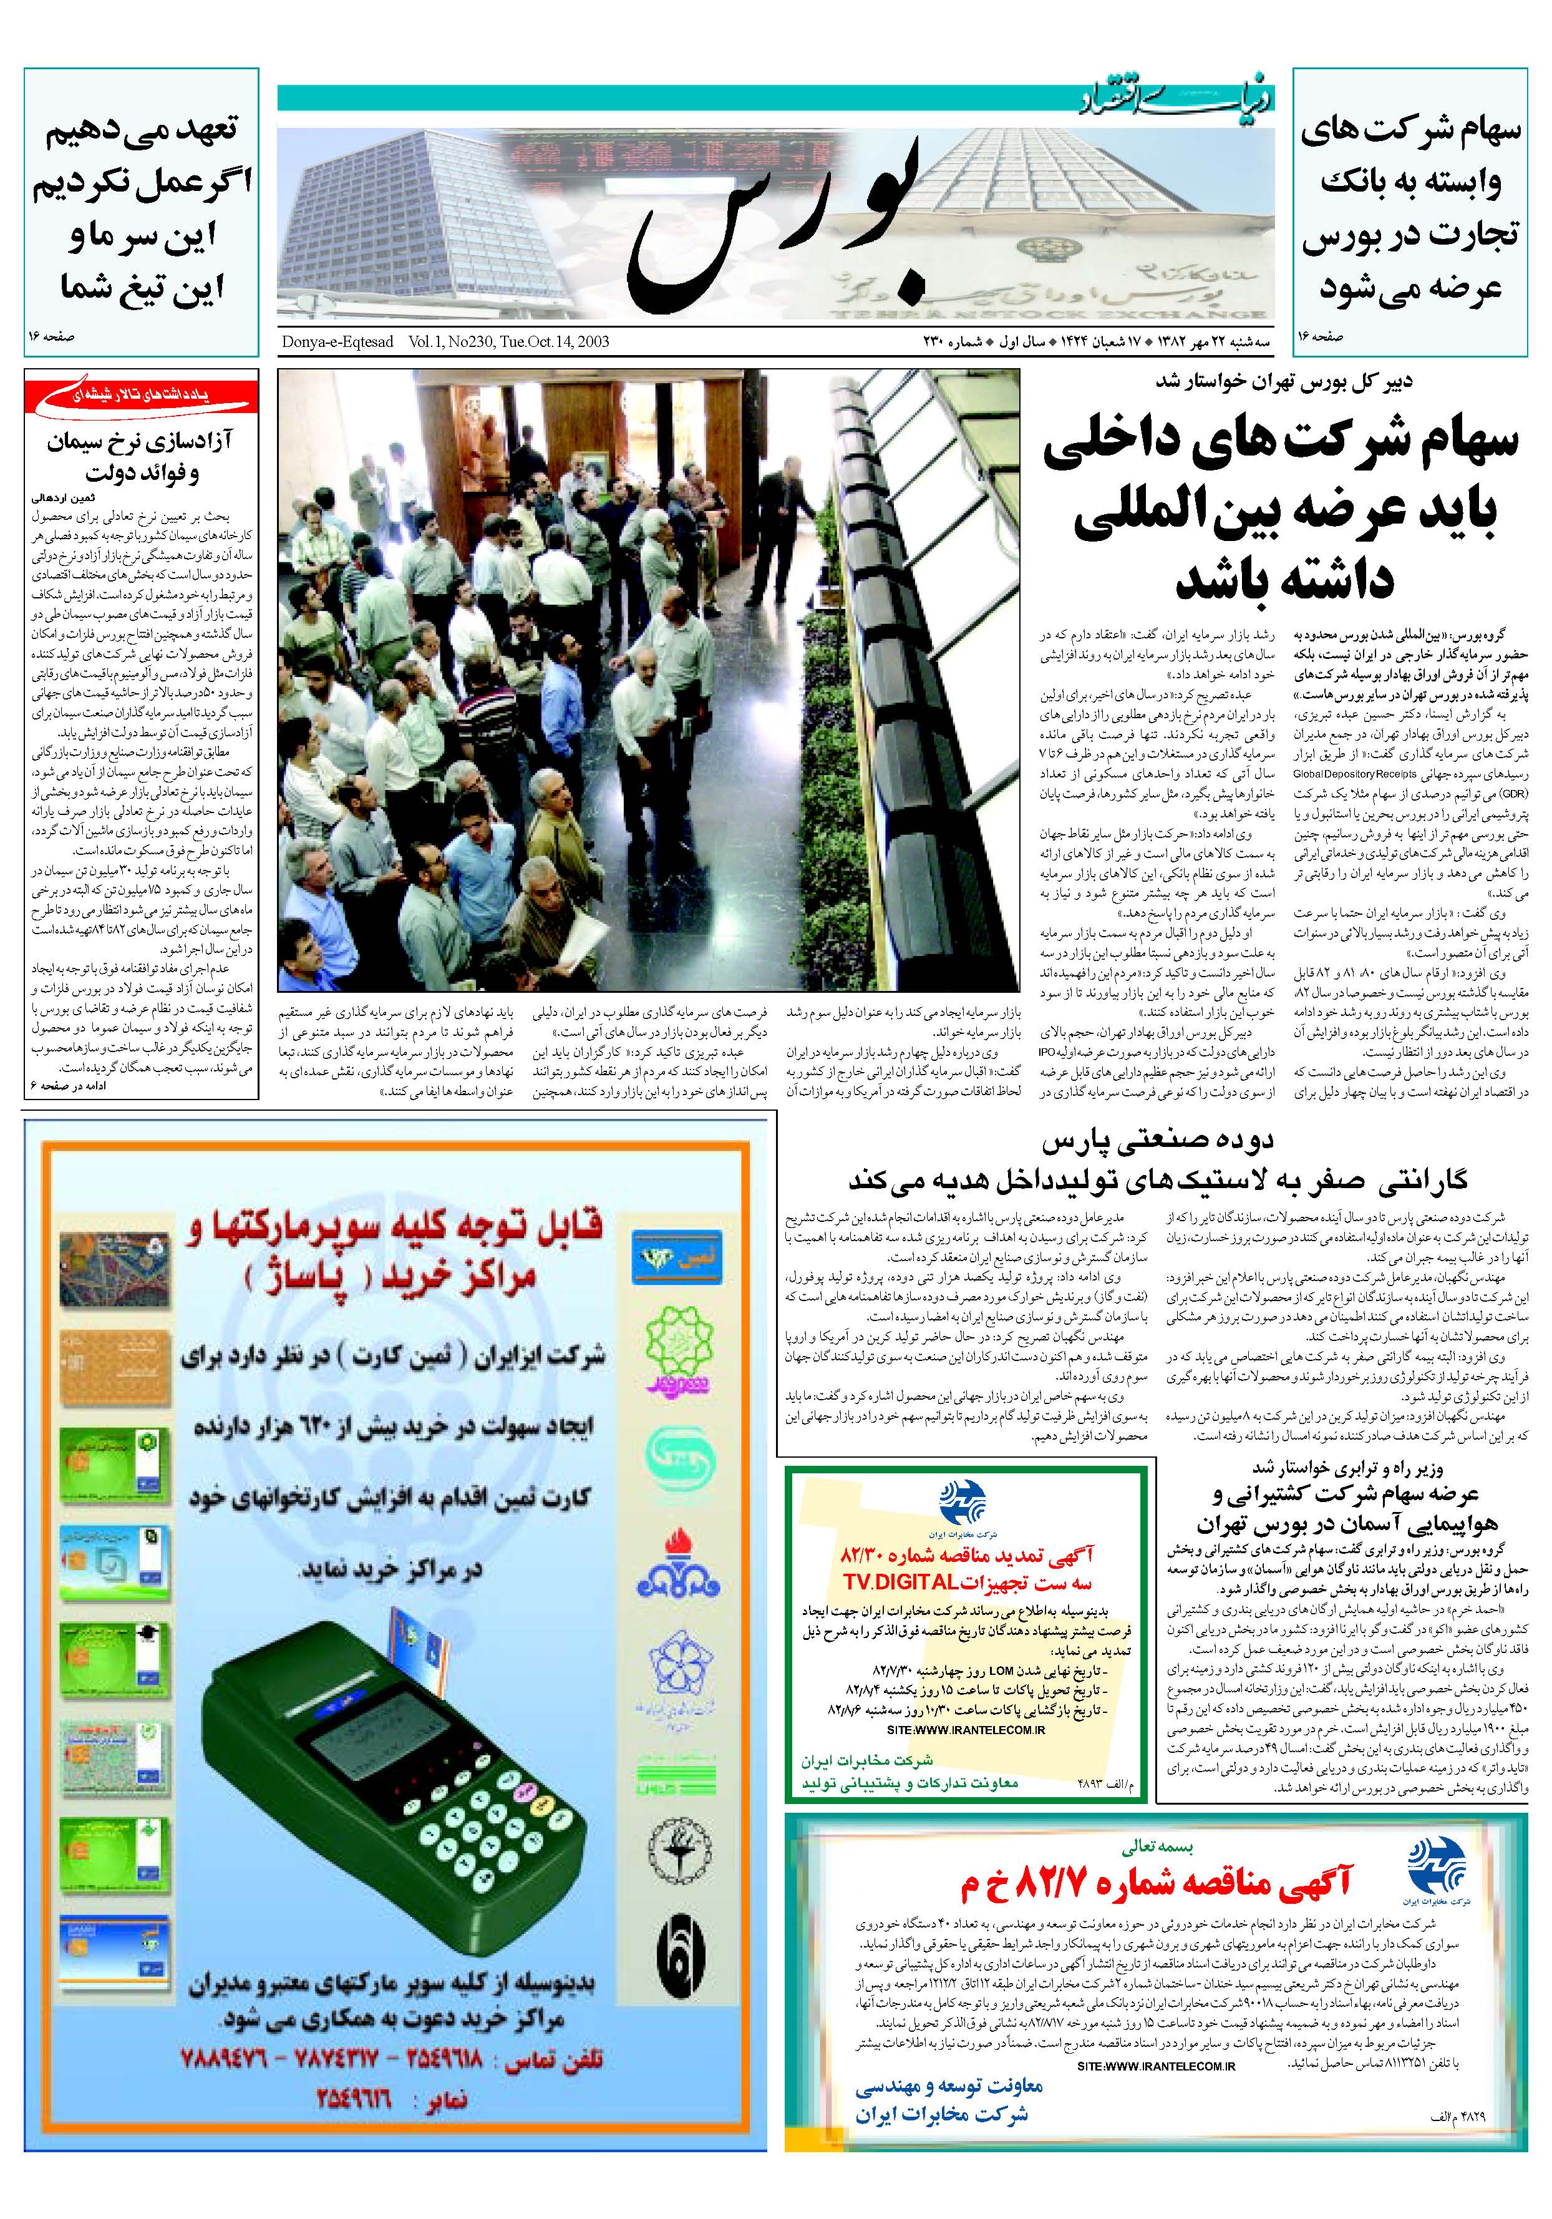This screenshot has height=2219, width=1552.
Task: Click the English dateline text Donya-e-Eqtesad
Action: [337, 342]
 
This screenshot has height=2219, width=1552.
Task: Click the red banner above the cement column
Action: [142, 395]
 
